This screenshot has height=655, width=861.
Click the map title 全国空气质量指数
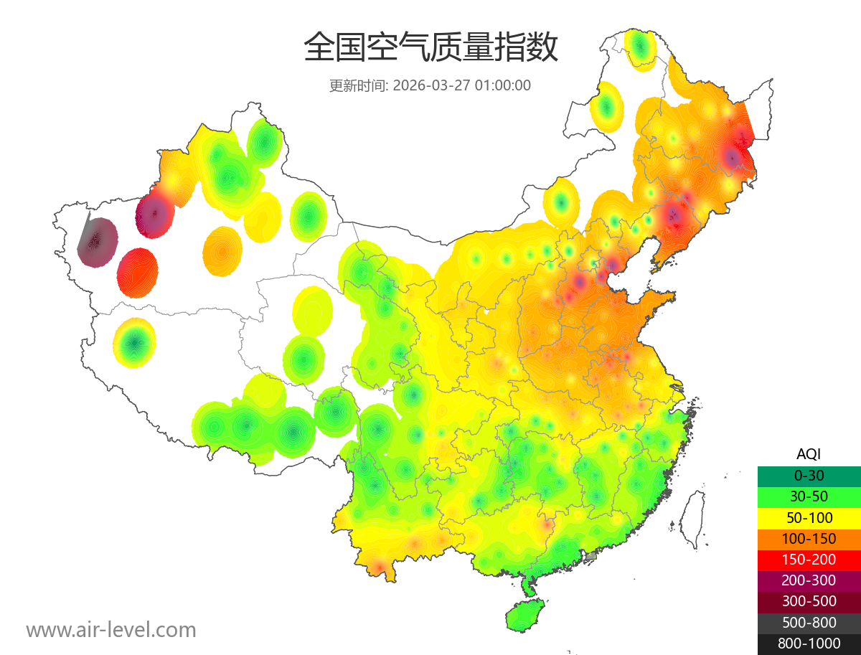point(430,48)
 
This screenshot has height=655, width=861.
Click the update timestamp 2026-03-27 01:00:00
point(430,85)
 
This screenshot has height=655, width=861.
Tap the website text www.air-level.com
point(111,630)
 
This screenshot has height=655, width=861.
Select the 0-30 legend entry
point(809,476)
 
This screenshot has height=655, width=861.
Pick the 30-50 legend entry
point(809,496)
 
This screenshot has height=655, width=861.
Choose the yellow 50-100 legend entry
point(809,517)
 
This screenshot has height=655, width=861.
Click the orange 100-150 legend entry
point(809,538)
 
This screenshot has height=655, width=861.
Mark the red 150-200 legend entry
point(809,559)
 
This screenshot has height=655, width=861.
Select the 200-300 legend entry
point(809,580)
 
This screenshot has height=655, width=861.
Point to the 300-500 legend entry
point(809,601)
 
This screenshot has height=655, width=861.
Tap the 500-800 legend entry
point(809,622)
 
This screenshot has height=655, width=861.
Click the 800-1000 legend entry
point(809,644)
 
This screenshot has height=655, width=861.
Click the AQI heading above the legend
point(809,454)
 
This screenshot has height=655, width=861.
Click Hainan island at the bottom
point(526,615)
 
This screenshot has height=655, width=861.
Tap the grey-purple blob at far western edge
point(98,242)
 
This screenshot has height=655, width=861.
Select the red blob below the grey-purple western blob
point(138,272)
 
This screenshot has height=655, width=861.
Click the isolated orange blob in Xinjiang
point(222,251)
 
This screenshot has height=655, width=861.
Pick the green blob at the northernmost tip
point(640,47)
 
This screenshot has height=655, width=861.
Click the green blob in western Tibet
point(134,343)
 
